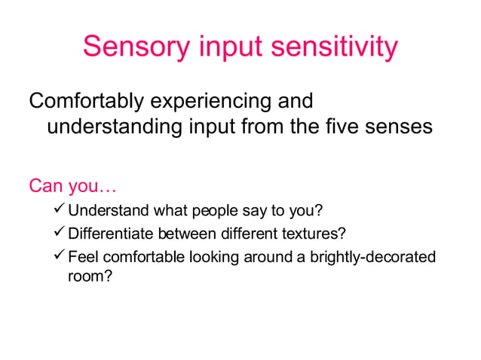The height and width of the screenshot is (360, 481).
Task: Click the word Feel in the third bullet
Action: tap(82, 258)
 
